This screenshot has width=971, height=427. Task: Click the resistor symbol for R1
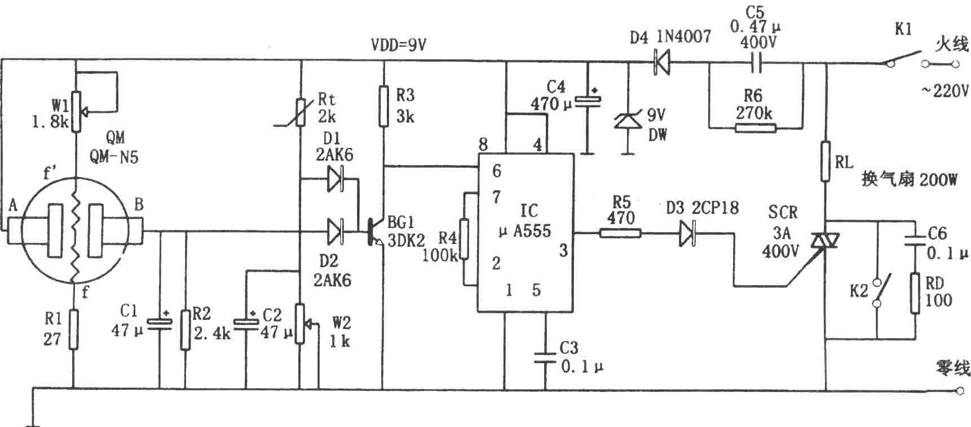click(x=73, y=329)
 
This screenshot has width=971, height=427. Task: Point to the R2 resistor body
click(x=186, y=329)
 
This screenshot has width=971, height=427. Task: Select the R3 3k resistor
click(x=384, y=106)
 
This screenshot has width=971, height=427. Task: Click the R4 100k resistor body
click(x=464, y=239)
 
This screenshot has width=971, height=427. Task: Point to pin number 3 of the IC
click(x=563, y=250)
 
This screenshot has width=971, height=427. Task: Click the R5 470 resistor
click(x=620, y=232)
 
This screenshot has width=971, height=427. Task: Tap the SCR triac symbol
click(x=824, y=241)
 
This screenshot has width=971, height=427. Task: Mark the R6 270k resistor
click(x=756, y=128)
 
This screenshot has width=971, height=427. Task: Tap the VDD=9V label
click(x=398, y=45)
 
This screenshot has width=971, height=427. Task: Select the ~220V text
click(x=945, y=91)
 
